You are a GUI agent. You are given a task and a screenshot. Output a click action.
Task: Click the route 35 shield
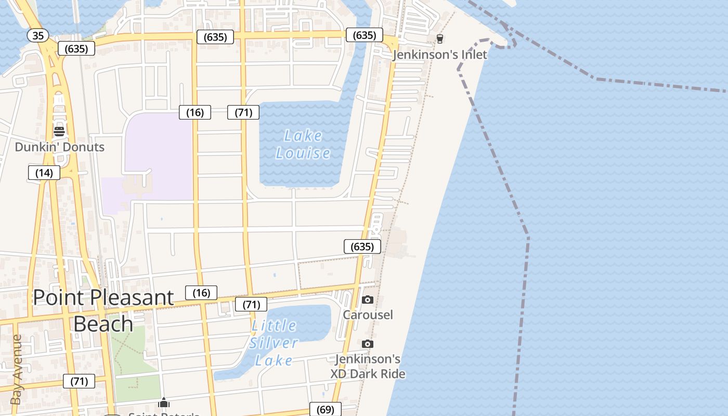coord(38,35)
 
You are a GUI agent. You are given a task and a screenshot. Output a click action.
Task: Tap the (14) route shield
coord(44,173)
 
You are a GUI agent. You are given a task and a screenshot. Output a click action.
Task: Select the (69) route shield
coord(326,409)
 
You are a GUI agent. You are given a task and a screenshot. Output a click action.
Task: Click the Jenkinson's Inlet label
coord(440,55)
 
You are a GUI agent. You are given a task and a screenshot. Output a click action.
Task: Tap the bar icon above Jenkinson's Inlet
coord(440,38)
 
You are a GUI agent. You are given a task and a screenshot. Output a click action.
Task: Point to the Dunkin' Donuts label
coord(59,147)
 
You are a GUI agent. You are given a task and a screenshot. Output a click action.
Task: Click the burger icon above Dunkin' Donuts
coord(59,131)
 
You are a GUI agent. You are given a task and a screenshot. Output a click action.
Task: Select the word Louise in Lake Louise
coord(303,153)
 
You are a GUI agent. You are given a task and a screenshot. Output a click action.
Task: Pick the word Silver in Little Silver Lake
coord(274,343)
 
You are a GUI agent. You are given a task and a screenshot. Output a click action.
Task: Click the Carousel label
coord(368,315)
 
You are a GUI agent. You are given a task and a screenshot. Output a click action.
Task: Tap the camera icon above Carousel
coord(368,300)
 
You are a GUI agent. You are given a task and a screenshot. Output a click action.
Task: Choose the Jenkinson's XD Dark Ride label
coord(368,366)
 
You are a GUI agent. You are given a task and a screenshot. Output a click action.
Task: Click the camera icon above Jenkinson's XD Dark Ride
coord(368,344)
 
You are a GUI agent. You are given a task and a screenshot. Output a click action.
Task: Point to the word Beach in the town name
coord(103,323)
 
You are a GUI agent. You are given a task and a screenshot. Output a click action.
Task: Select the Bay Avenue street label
coord(16,369)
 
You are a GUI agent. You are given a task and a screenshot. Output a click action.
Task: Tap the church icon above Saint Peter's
coord(164,403)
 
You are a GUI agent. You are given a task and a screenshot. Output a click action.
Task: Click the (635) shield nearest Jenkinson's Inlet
coord(365,35)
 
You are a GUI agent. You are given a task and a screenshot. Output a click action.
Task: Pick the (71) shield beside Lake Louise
coord(243,112)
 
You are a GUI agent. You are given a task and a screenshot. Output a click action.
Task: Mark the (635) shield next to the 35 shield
coord(76,49)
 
